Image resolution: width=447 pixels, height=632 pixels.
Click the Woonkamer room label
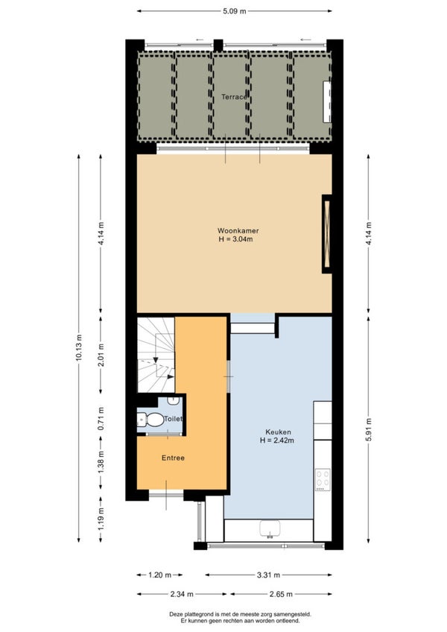[x=238, y=230]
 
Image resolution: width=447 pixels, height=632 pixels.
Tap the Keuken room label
[x=278, y=432]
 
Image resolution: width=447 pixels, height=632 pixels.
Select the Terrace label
[x=234, y=97]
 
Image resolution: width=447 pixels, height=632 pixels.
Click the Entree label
[x=173, y=458]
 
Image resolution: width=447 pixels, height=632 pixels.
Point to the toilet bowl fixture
[x=150, y=420]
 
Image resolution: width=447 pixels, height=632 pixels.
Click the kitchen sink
[x=270, y=528]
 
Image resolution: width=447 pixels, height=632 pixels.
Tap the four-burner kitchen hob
[x=323, y=479]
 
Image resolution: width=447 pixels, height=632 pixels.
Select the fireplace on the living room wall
[x=327, y=234]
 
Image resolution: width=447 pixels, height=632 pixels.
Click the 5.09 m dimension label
[x=235, y=11]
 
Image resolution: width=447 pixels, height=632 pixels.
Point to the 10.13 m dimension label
[x=79, y=348]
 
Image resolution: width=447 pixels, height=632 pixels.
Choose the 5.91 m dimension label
[x=369, y=430]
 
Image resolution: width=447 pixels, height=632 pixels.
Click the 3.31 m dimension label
[x=268, y=575]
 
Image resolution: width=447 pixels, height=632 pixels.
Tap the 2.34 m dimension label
[x=182, y=594]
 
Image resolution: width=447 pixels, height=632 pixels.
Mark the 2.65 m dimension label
[x=281, y=594]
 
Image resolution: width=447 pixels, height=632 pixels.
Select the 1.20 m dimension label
[x=160, y=575]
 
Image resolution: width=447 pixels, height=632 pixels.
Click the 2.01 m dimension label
[x=101, y=355]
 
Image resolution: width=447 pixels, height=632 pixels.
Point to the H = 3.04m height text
[x=236, y=239]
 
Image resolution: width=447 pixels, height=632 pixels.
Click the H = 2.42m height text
[x=277, y=440]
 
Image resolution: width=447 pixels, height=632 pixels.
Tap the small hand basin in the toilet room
[x=174, y=401]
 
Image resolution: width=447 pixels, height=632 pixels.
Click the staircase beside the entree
[x=156, y=355]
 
